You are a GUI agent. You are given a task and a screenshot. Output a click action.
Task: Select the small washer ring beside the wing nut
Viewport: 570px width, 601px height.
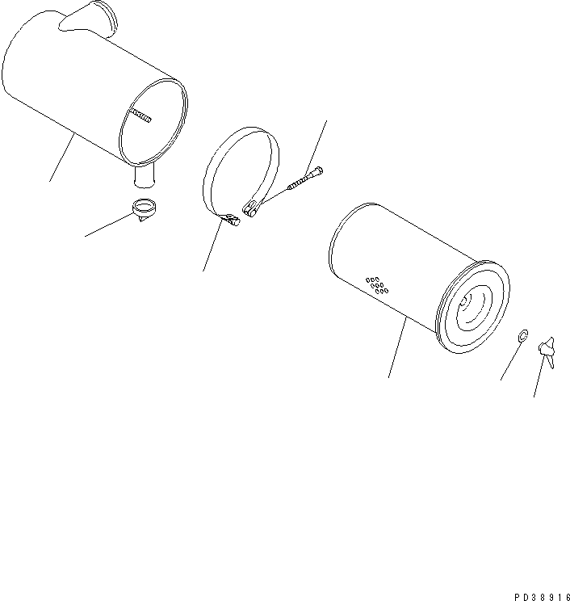pyautogui.click(x=522, y=334)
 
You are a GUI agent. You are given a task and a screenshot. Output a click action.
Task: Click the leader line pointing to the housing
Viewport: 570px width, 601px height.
pyautogui.click(x=61, y=158)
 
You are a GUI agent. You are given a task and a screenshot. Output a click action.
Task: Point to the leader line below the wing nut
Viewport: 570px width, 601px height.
pyautogui.click(x=539, y=380)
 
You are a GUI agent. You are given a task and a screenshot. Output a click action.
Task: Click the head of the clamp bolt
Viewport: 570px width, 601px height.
pyautogui.click(x=321, y=170)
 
